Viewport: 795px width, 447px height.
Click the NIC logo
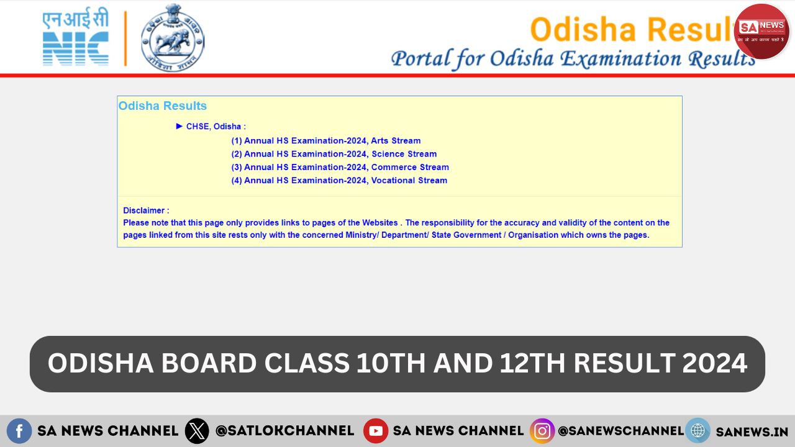76,38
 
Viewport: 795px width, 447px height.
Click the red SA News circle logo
761,31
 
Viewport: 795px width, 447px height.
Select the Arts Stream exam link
326,141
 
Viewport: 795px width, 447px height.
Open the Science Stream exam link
334,154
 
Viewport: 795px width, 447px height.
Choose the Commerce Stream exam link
340,167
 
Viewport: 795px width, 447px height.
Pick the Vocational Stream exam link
339,181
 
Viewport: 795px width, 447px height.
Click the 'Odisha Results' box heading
163,106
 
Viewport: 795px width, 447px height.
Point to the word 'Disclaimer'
146,210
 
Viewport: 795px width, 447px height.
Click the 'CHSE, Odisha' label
216,127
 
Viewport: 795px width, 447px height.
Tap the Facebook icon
19,431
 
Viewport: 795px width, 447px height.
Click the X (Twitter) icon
197,431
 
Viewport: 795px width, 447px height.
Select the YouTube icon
376,431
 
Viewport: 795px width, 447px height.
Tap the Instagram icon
542,431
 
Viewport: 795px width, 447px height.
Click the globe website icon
697,431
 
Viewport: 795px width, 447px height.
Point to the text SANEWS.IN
752,431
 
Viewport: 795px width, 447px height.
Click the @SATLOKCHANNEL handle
284,431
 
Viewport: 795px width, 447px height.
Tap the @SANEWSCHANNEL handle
620,431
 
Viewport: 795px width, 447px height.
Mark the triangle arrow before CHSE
179,126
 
